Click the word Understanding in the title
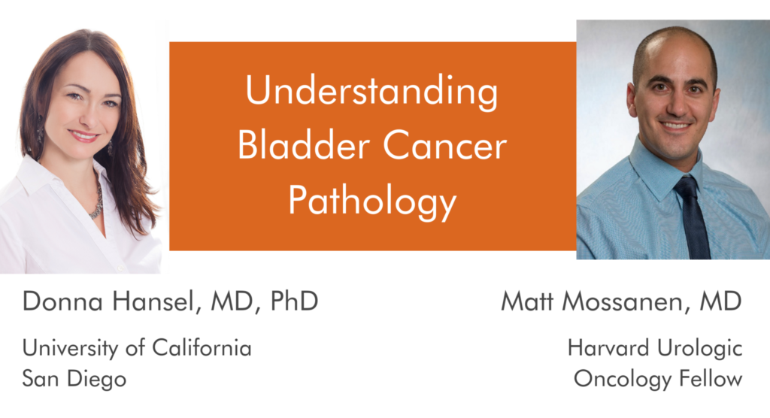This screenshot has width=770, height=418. point(371,92)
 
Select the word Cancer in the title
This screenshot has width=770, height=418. point(444,146)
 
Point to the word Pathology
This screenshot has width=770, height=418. point(372,201)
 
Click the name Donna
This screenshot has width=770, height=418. point(62,301)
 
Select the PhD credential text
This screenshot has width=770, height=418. point(294,301)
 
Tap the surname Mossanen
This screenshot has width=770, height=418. point(623,301)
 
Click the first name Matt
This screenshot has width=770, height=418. point(527,301)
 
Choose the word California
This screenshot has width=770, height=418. point(202,348)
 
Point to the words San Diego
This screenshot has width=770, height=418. point(74,379)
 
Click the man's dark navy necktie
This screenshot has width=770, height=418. point(693,217)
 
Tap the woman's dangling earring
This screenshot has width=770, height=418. point(40,129)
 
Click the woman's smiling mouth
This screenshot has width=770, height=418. point(83,135)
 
